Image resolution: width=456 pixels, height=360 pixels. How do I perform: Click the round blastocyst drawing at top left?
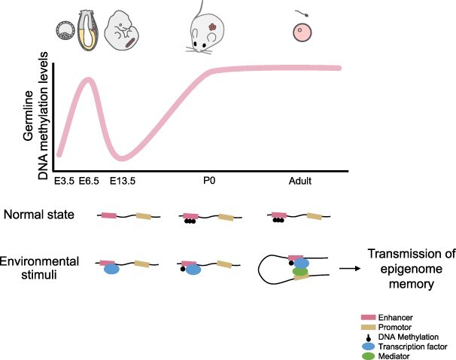[x=65, y=30]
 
